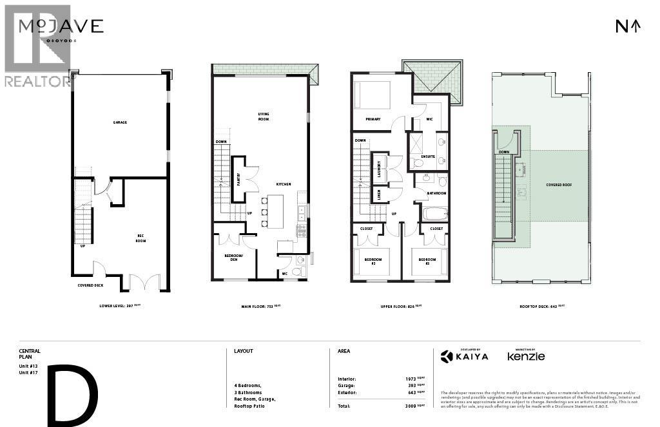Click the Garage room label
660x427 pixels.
point(120,122)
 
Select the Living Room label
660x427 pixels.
point(263,117)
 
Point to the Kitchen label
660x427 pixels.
point(284,184)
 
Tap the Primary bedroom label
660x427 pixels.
point(373,119)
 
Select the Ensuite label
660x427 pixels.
point(428,157)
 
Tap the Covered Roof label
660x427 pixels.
point(559,185)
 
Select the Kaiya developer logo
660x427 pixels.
point(464,356)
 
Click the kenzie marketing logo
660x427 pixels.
point(526,356)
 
